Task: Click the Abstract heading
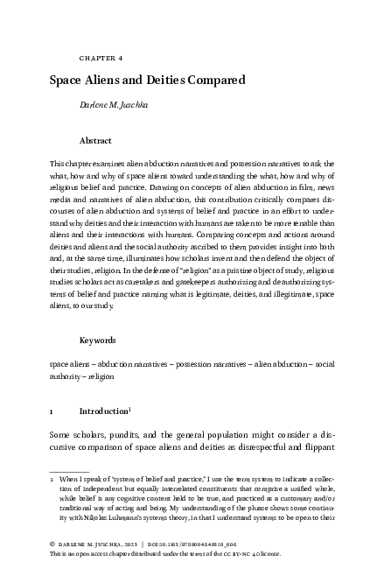point(95,140)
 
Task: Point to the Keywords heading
point(98,338)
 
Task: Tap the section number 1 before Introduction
point(52,411)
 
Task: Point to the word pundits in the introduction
point(115,436)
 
